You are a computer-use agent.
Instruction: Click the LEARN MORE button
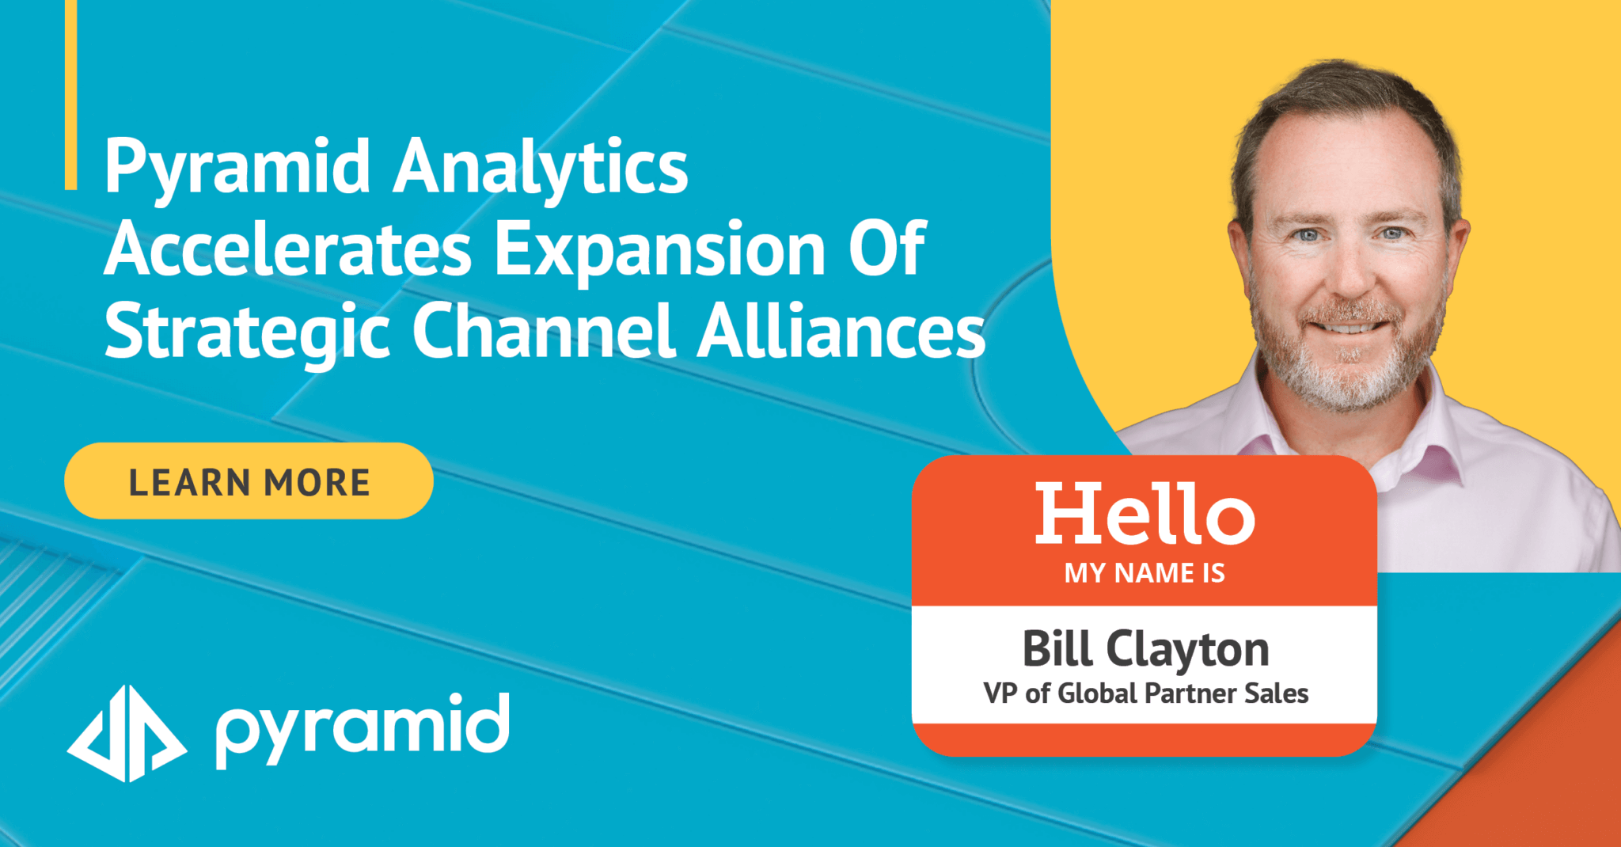(x=249, y=481)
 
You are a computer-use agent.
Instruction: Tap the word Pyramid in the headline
(x=237, y=168)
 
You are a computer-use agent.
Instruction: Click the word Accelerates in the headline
(x=288, y=250)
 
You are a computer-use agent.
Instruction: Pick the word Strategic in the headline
(x=247, y=332)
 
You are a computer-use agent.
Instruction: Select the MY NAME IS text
(x=1145, y=573)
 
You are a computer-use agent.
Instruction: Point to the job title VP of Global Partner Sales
(x=1145, y=694)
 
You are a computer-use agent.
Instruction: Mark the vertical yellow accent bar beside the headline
(x=70, y=95)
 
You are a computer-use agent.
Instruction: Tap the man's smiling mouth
(x=1350, y=327)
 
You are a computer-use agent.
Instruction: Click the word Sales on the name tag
(x=1276, y=694)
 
